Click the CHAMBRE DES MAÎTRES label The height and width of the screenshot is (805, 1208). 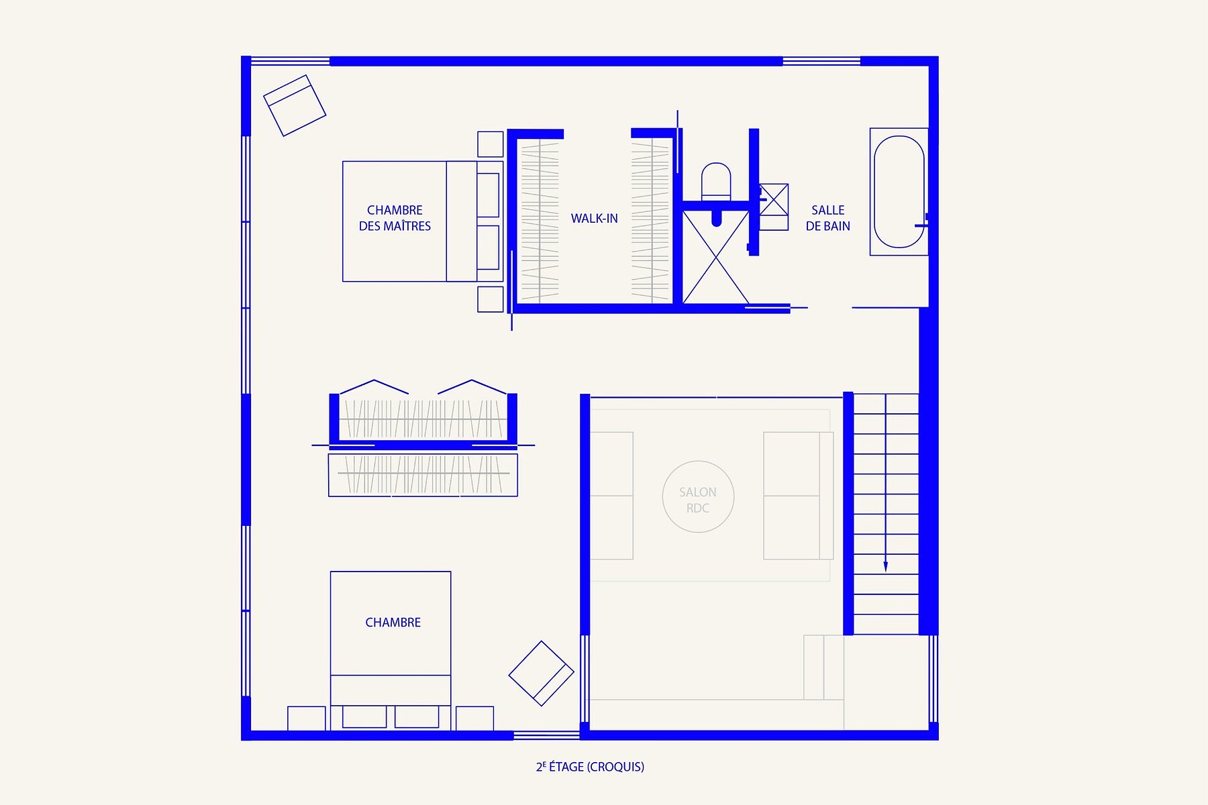coord(395,218)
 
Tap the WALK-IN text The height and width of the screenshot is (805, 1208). coord(594,218)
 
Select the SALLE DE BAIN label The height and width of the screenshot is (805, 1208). coord(827,218)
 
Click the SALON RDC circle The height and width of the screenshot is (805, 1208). coord(698,462)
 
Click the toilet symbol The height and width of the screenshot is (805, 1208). coord(716,181)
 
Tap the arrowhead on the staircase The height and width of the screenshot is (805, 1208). coord(886,566)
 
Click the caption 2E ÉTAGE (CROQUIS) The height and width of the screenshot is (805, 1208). coord(590,767)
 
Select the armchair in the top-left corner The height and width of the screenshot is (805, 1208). coord(295,105)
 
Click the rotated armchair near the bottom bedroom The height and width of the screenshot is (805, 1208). coord(541,674)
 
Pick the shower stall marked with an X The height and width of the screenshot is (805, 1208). coord(715,258)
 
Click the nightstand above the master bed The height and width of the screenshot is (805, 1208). coord(491,144)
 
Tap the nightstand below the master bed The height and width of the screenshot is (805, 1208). coord(491,299)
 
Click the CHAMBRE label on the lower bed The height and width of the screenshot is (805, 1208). coord(393,623)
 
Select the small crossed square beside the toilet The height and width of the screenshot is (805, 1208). coord(774,199)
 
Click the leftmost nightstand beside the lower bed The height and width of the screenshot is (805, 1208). coord(307,718)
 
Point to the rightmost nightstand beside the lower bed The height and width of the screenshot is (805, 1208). coord(475,718)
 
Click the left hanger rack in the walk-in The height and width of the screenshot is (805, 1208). coord(540,221)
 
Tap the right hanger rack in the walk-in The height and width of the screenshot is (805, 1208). coord(650,221)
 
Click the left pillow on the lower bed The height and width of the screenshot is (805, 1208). coord(364,716)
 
